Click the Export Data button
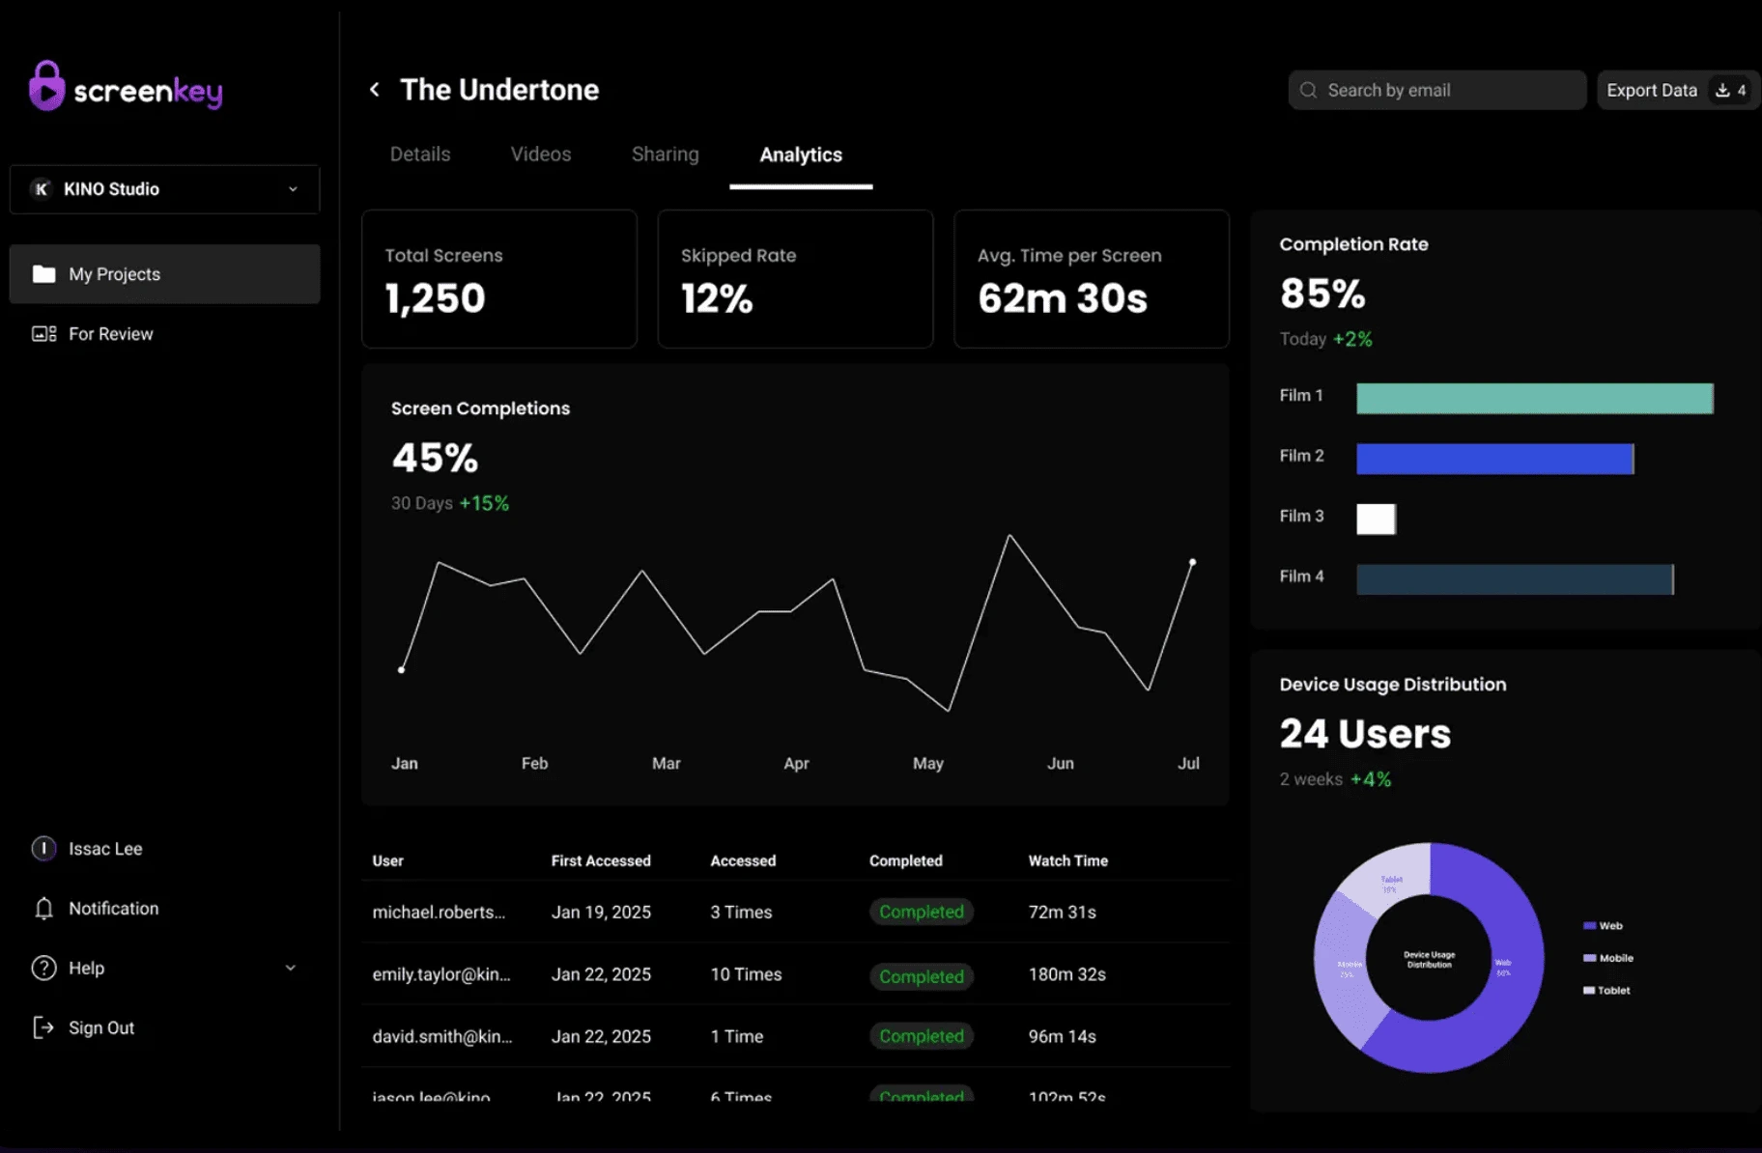coord(1676,90)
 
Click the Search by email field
coord(1436,90)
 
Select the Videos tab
coord(540,155)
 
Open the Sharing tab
coord(665,155)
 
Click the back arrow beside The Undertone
coord(375,90)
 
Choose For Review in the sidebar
coord(110,334)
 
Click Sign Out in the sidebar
coord(100,1027)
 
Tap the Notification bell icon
coord(43,909)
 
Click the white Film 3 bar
coord(1376,519)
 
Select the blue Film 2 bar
coord(1494,459)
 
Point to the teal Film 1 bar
coord(1534,398)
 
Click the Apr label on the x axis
coord(796,763)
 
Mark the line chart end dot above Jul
coord(1192,562)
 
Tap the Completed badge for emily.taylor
coord(921,976)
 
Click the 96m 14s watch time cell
coord(1062,1036)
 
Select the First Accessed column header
coord(600,860)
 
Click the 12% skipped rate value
coord(716,298)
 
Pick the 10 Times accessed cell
coord(746,974)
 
